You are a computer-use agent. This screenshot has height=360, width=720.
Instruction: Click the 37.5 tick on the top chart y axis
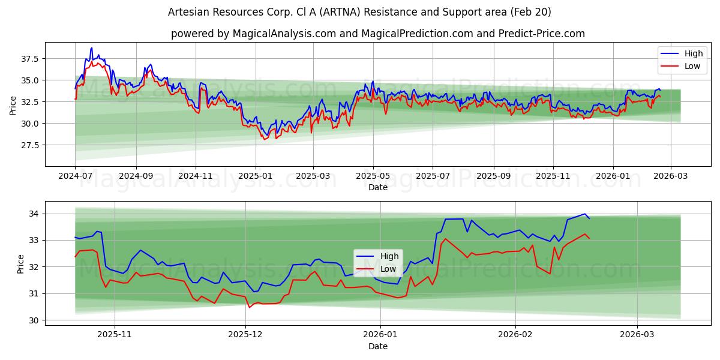tap(30, 59)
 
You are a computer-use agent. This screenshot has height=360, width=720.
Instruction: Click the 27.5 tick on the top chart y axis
tap(30, 145)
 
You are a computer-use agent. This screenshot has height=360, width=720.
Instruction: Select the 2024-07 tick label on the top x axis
tap(75, 176)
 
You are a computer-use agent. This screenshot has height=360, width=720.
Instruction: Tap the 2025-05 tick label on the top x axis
tap(373, 176)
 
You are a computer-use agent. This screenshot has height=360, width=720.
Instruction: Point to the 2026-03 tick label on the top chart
tap(671, 176)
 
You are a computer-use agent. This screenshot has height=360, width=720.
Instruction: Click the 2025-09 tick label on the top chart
tap(494, 176)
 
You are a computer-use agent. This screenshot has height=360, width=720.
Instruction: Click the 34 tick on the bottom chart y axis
tap(34, 214)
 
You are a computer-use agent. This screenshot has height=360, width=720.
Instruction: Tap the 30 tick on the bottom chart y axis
tap(34, 320)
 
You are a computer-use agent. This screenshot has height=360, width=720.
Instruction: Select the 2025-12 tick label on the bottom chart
tap(246, 335)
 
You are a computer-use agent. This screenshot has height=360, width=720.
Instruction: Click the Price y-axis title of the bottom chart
tap(21, 264)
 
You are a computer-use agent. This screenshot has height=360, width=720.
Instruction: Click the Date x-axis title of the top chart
tap(378, 187)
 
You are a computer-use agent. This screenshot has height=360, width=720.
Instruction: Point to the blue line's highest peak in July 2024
tap(91, 48)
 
